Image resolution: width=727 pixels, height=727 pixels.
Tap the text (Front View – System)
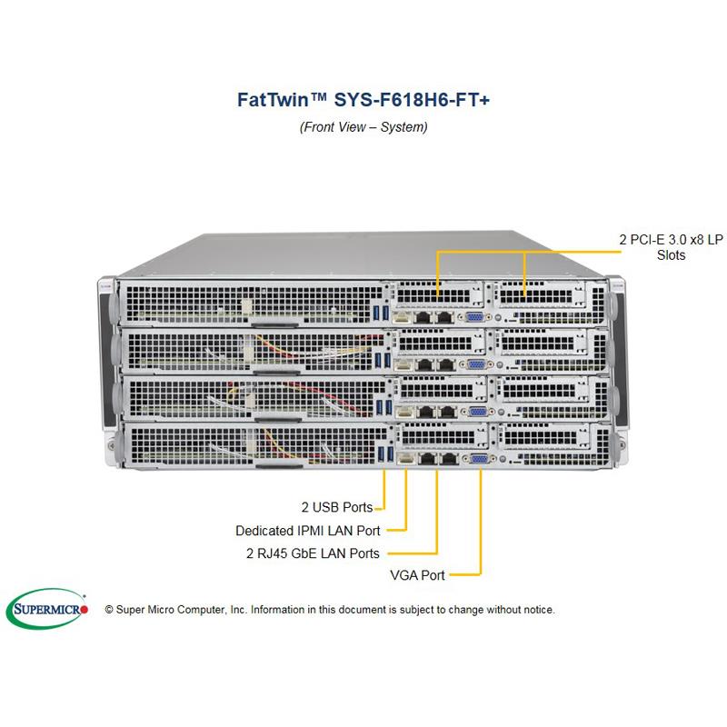click(x=363, y=127)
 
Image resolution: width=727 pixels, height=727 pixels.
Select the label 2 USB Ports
click(x=337, y=507)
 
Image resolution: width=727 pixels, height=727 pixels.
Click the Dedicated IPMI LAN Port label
click(x=307, y=530)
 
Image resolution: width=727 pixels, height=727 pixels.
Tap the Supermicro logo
click(x=47, y=609)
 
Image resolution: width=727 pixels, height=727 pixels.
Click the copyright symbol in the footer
click(x=110, y=610)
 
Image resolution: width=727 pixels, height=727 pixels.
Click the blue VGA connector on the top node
click(x=473, y=317)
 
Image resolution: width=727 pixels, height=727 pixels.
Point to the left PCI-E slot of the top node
click(x=438, y=295)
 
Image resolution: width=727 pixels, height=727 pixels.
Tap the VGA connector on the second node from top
click(x=473, y=363)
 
